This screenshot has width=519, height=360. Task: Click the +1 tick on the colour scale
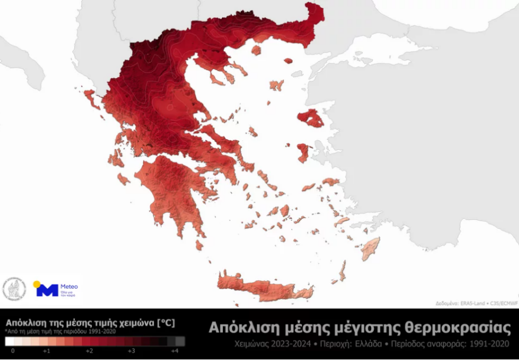click(x=47, y=351)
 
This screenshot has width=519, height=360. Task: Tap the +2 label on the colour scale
click(x=89, y=351)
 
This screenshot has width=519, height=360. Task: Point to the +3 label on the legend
click(x=132, y=351)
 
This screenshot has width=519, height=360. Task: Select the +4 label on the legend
click(x=175, y=351)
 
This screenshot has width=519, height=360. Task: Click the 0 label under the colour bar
click(x=12, y=351)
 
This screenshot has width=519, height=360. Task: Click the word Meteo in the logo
click(x=69, y=286)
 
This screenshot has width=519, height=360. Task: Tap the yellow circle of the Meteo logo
click(x=37, y=284)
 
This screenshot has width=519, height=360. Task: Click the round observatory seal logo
click(x=14, y=289)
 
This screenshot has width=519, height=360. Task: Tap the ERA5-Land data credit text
click(x=469, y=303)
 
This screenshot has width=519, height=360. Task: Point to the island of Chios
click(x=303, y=153)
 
